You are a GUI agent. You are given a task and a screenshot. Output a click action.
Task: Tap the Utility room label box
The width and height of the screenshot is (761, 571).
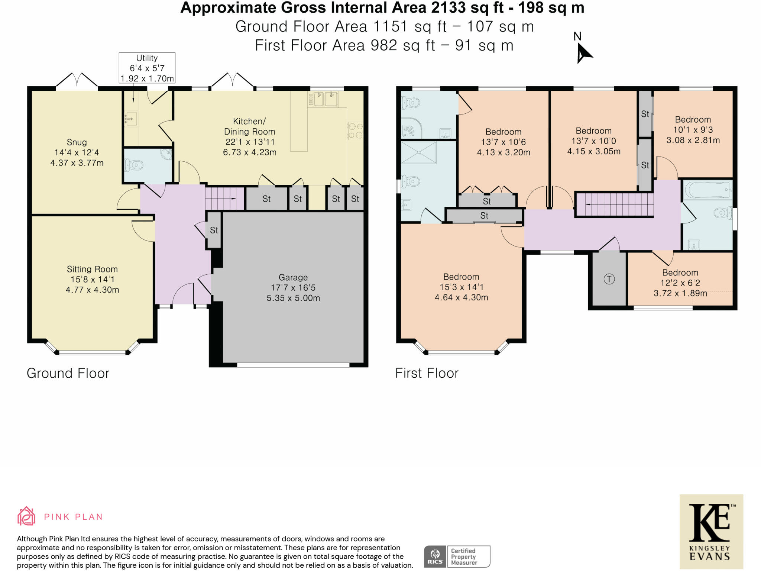(x=147, y=68)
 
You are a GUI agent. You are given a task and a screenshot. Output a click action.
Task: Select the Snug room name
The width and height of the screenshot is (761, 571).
(x=77, y=142)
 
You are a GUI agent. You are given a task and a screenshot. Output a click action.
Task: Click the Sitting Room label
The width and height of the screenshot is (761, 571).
(x=92, y=269)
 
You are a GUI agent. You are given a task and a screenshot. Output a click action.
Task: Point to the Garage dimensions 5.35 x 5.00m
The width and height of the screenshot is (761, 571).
(x=293, y=298)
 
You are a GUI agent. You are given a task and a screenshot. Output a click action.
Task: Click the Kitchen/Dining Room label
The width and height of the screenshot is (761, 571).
(x=249, y=126)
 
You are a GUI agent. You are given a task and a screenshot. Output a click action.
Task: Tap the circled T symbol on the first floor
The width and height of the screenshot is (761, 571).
(x=609, y=279)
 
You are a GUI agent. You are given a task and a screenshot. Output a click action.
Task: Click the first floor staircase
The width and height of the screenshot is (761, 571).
(x=614, y=204)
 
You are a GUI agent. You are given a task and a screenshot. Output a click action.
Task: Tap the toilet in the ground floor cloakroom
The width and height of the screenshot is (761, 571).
(x=134, y=165)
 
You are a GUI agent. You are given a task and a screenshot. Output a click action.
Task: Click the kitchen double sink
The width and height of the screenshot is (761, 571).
(x=323, y=99)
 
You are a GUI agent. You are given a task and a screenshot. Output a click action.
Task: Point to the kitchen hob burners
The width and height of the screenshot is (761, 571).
(x=355, y=130)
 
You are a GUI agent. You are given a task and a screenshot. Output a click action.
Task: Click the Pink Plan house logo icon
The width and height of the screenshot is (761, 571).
(x=26, y=516)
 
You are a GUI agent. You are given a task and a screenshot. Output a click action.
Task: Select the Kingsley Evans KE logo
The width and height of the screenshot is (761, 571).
(x=711, y=532)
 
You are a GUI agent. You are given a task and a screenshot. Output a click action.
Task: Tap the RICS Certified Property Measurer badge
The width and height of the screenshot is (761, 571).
(x=457, y=557)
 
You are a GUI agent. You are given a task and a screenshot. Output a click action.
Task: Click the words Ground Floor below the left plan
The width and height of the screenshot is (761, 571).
(x=68, y=373)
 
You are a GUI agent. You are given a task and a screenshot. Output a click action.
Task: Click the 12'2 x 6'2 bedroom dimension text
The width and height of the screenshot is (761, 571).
(x=680, y=283)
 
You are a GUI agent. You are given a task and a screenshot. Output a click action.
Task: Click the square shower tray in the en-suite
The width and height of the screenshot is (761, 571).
(x=419, y=152)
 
